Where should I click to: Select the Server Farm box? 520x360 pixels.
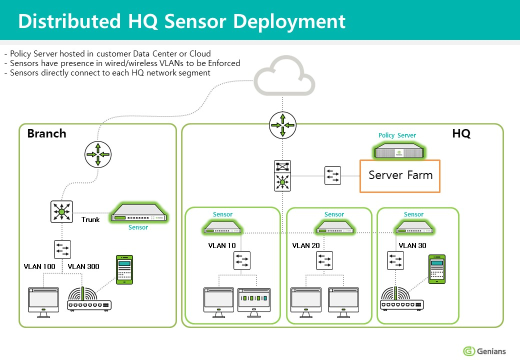tap(400, 176)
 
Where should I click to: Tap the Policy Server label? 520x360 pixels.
tap(397, 135)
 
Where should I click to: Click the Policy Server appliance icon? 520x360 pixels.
tap(399, 150)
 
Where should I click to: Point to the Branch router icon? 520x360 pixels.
tap(97, 154)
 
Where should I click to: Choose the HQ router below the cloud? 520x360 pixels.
tap(282, 125)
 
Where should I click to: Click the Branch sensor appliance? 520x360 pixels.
tap(138, 215)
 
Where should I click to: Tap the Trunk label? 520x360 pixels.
tap(90, 219)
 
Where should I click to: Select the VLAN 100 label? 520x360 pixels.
tap(39, 266)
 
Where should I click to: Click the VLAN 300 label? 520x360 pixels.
tap(83, 266)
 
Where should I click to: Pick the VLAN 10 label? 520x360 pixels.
tap(221, 245)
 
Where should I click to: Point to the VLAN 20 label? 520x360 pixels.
tap(305, 245)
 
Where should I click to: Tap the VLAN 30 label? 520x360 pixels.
tap(412, 245)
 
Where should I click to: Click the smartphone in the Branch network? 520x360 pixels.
tap(124, 269)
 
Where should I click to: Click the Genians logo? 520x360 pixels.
tap(484, 350)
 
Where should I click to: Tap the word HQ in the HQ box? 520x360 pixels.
tap(461, 133)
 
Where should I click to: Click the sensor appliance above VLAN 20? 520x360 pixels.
tap(334, 229)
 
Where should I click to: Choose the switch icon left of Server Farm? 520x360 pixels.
tap(332, 175)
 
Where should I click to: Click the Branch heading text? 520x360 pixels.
tap(46, 133)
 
